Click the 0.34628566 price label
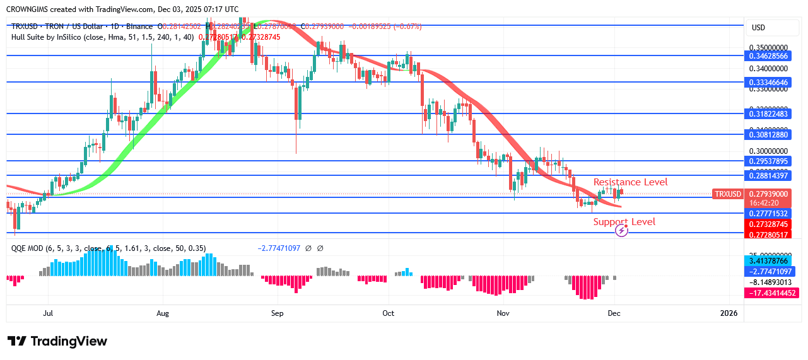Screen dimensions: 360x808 coord(768,55)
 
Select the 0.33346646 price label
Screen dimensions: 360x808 coord(768,82)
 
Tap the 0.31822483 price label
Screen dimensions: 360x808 coord(768,113)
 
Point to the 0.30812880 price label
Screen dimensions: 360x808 coord(768,134)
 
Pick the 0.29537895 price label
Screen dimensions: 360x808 coord(768,161)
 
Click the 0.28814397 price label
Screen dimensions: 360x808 coord(768,175)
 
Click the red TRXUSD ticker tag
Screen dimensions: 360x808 coord(727,194)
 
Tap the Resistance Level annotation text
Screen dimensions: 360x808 coord(630,182)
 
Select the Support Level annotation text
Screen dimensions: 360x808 coord(624,222)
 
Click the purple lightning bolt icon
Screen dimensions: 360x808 coord(621,231)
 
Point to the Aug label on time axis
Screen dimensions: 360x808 coord(163,313)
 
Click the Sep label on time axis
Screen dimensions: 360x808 coord(278,313)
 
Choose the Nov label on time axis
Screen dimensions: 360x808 coord(503,313)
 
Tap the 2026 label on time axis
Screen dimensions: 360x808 coord(729,313)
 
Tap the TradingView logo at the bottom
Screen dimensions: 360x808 coord(57,341)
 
